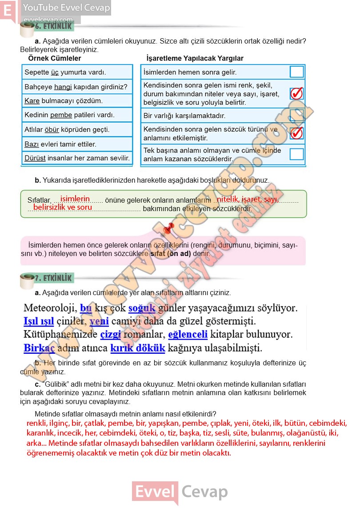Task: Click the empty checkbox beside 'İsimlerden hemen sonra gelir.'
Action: pyautogui.click(x=296, y=72)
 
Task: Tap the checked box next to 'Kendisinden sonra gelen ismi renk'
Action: pyautogui.click(x=296, y=93)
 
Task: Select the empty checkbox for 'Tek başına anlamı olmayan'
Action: pyautogui.click(x=296, y=154)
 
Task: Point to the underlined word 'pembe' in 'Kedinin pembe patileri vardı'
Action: pyautogui.click(x=61, y=115)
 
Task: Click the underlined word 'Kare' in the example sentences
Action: pyautogui.click(x=32, y=101)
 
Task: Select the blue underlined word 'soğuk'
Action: pyautogui.click(x=142, y=308)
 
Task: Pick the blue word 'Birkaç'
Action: pyautogui.click(x=39, y=347)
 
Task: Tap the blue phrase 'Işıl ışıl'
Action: pyautogui.click(x=39, y=321)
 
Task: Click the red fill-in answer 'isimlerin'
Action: pyautogui.click(x=75, y=199)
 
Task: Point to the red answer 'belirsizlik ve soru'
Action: pyautogui.click(x=63, y=207)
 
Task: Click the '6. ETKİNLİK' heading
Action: pyautogui.click(x=53, y=26)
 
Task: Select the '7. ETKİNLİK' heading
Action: pyautogui.click(x=53, y=278)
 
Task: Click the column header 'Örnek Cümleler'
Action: pyautogui.click(x=55, y=58)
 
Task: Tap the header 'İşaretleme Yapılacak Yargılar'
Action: pyautogui.click(x=195, y=58)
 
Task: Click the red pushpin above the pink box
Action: pyautogui.click(x=167, y=229)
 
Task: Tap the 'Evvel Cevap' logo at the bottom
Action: pyautogui.click(x=180, y=492)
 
